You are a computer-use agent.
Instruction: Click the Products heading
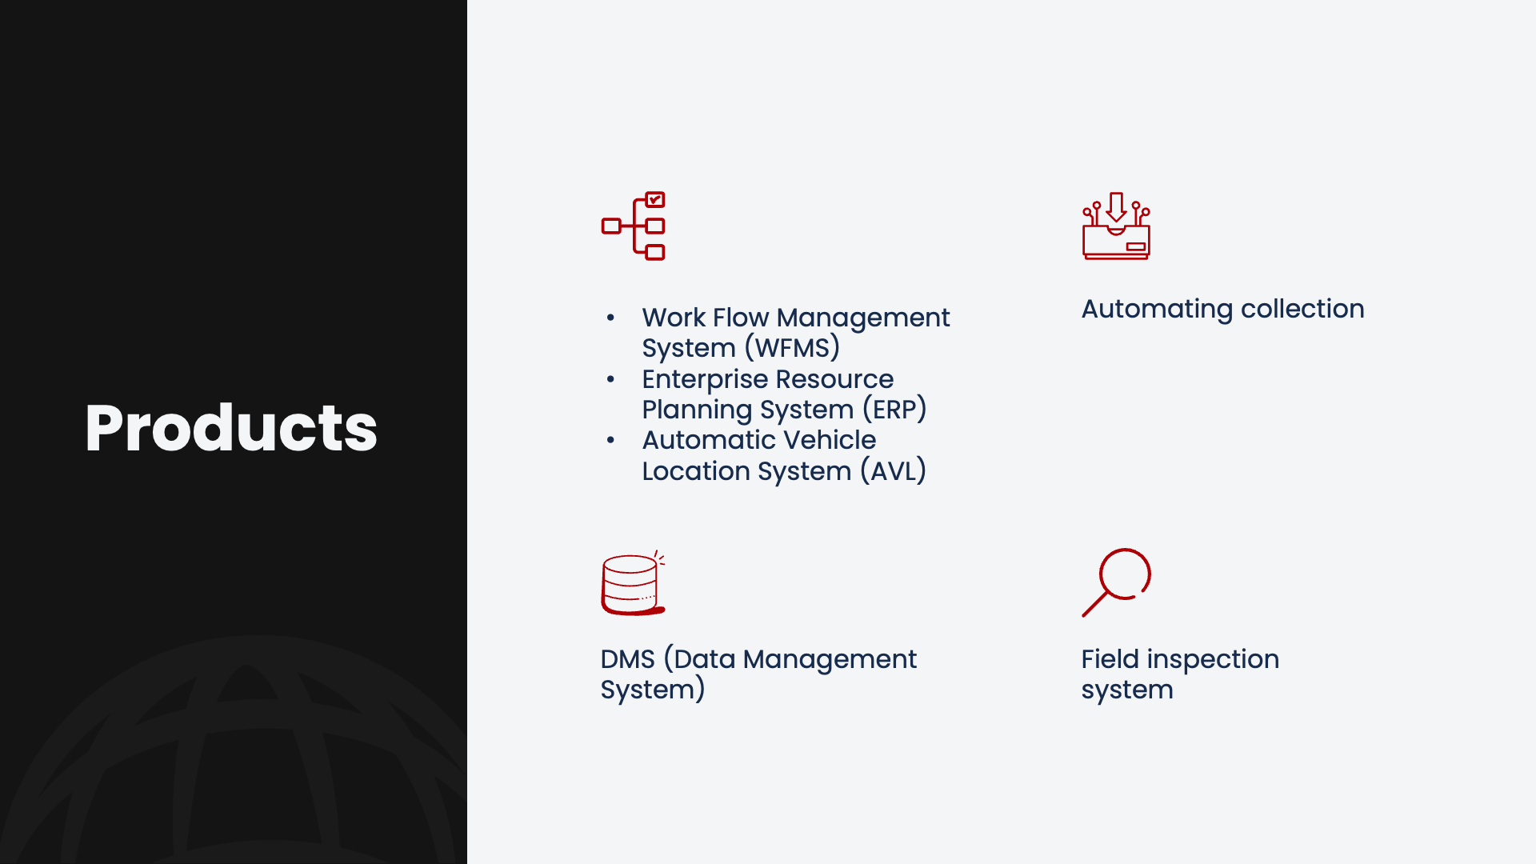point(231,428)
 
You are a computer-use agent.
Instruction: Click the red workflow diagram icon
point(634,226)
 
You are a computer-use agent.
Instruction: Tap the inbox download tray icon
point(1116,226)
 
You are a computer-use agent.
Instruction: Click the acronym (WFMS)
point(792,348)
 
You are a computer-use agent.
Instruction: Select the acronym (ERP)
point(894,410)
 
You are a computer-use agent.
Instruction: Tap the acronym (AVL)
point(894,471)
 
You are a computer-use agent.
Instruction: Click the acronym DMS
point(628,659)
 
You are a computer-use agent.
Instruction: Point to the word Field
point(1110,659)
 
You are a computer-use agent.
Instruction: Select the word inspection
point(1213,660)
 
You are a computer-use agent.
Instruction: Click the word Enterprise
point(705,379)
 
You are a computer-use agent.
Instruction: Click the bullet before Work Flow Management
point(610,318)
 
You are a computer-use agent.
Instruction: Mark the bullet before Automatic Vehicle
point(610,440)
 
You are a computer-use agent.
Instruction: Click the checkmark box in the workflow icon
point(655,199)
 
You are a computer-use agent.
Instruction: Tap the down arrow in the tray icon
point(1116,207)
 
